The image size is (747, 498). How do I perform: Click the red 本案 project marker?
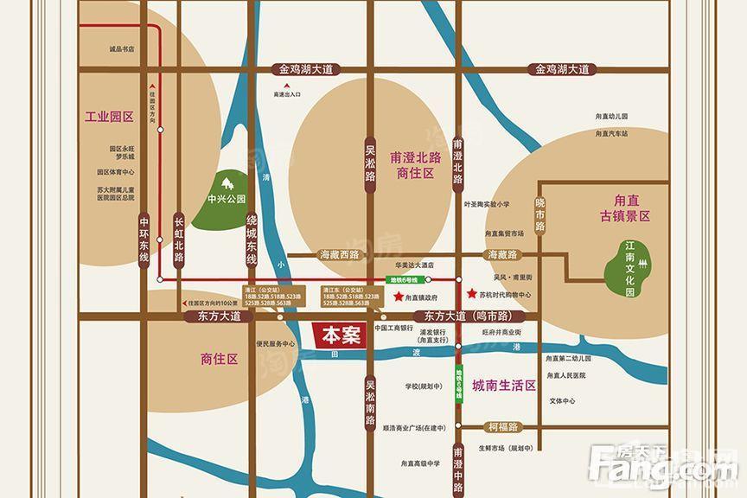click(336, 334)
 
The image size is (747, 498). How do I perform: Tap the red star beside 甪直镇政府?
click(398, 297)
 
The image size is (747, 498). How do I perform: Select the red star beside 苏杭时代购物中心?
click(470, 294)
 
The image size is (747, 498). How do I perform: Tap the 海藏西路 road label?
click(339, 255)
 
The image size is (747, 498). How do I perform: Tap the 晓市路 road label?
click(539, 211)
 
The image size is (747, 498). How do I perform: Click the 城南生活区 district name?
click(504, 385)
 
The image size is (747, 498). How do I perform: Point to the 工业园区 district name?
click(109, 117)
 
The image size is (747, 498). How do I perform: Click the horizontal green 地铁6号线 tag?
click(403, 279)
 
